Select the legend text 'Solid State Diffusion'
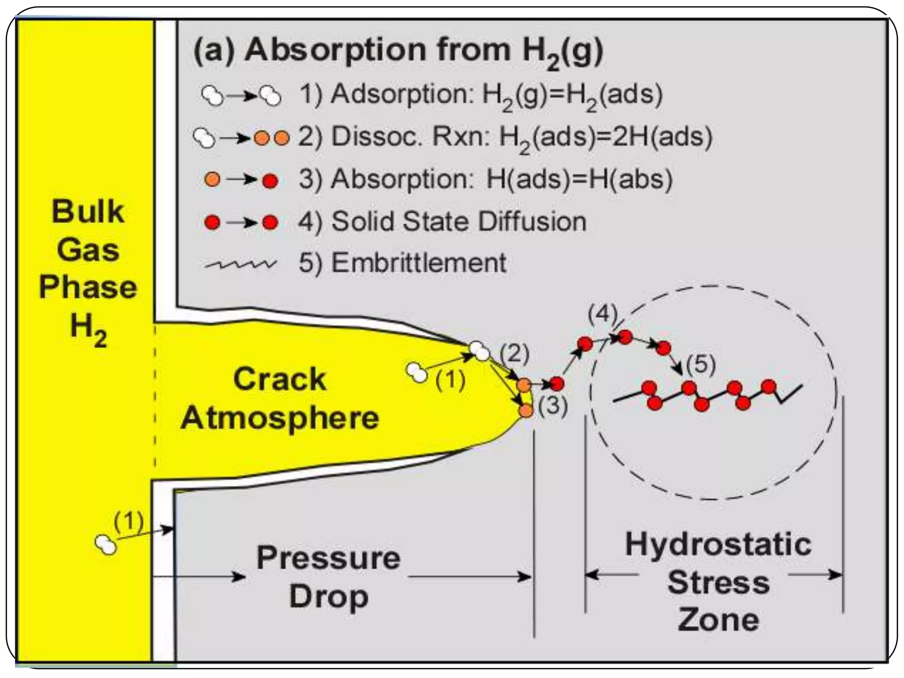[x=459, y=221]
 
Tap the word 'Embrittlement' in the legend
[x=419, y=263]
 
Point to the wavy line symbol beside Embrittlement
[x=241, y=264]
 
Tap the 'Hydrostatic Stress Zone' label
[x=718, y=582]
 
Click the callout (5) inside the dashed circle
[x=701, y=365]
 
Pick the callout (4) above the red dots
[x=602, y=315]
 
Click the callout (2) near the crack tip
[x=514, y=354]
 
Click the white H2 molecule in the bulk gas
[x=106, y=544]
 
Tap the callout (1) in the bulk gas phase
[x=128, y=521]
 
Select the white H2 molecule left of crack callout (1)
[x=417, y=372]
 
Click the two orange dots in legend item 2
[x=272, y=138]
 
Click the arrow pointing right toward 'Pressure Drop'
[x=199, y=576]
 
